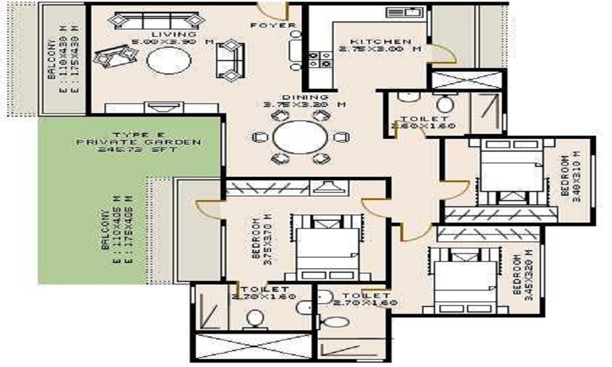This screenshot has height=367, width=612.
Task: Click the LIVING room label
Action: click(165, 34)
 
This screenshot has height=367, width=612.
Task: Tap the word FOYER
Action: click(273, 26)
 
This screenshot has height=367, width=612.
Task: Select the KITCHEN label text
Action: click(373, 40)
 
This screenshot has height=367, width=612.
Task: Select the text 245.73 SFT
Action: click(138, 149)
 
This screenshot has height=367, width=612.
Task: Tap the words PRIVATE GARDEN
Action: click(138, 142)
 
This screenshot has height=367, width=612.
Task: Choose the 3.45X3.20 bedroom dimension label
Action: click(521, 272)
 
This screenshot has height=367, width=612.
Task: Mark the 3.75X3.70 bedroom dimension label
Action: click(262, 237)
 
